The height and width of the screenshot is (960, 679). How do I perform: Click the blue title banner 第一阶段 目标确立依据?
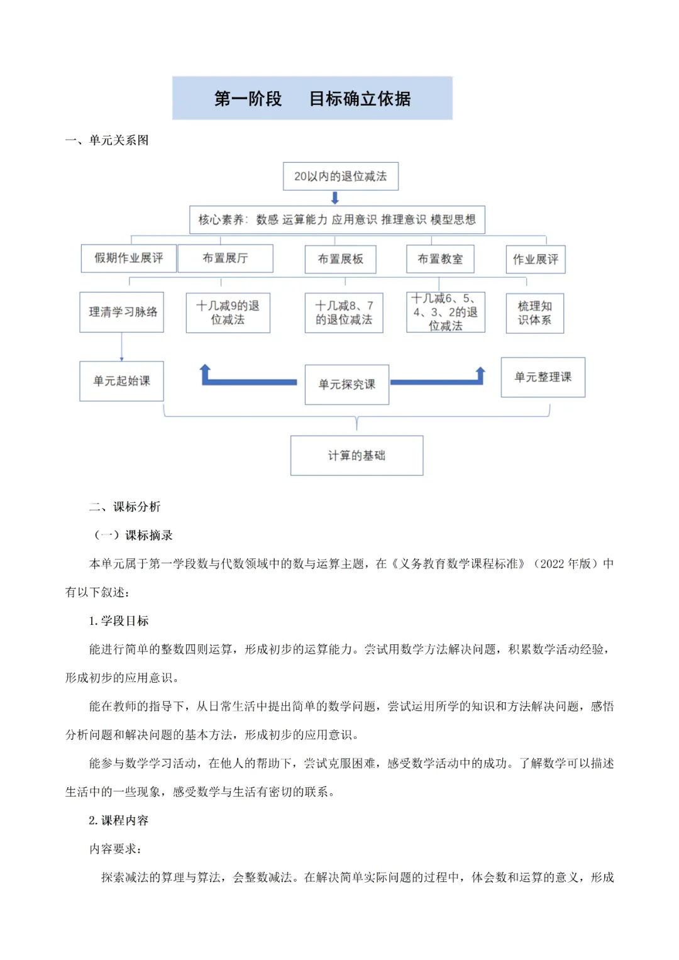tap(312, 99)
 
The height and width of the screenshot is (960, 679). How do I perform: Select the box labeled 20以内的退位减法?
tap(340, 177)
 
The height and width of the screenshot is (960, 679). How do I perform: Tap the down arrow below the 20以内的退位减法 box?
tap(335, 198)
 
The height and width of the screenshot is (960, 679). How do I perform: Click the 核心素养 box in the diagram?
tap(337, 219)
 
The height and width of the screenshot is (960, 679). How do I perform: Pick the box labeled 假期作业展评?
tap(129, 258)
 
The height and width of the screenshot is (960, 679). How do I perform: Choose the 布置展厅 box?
tap(225, 258)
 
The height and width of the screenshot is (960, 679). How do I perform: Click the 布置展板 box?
tap(340, 259)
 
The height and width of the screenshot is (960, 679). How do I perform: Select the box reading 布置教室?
tap(440, 259)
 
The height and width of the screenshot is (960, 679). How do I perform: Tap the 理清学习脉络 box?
tap(122, 312)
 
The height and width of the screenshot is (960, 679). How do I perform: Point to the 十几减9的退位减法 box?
tap(228, 312)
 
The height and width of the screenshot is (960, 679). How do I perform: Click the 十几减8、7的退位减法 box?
tap(344, 312)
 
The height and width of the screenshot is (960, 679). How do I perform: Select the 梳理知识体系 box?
tap(534, 313)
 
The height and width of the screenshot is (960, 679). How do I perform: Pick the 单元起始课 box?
tap(121, 381)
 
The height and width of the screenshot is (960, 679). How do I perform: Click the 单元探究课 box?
tap(346, 384)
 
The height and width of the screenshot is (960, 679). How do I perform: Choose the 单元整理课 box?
tap(543, 377)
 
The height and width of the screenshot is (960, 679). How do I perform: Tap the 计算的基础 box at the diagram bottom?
tap(356, 455)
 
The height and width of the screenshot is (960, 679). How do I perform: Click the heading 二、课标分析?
tap(124, 507)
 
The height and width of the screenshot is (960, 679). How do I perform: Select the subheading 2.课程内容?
tap(118, 820)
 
